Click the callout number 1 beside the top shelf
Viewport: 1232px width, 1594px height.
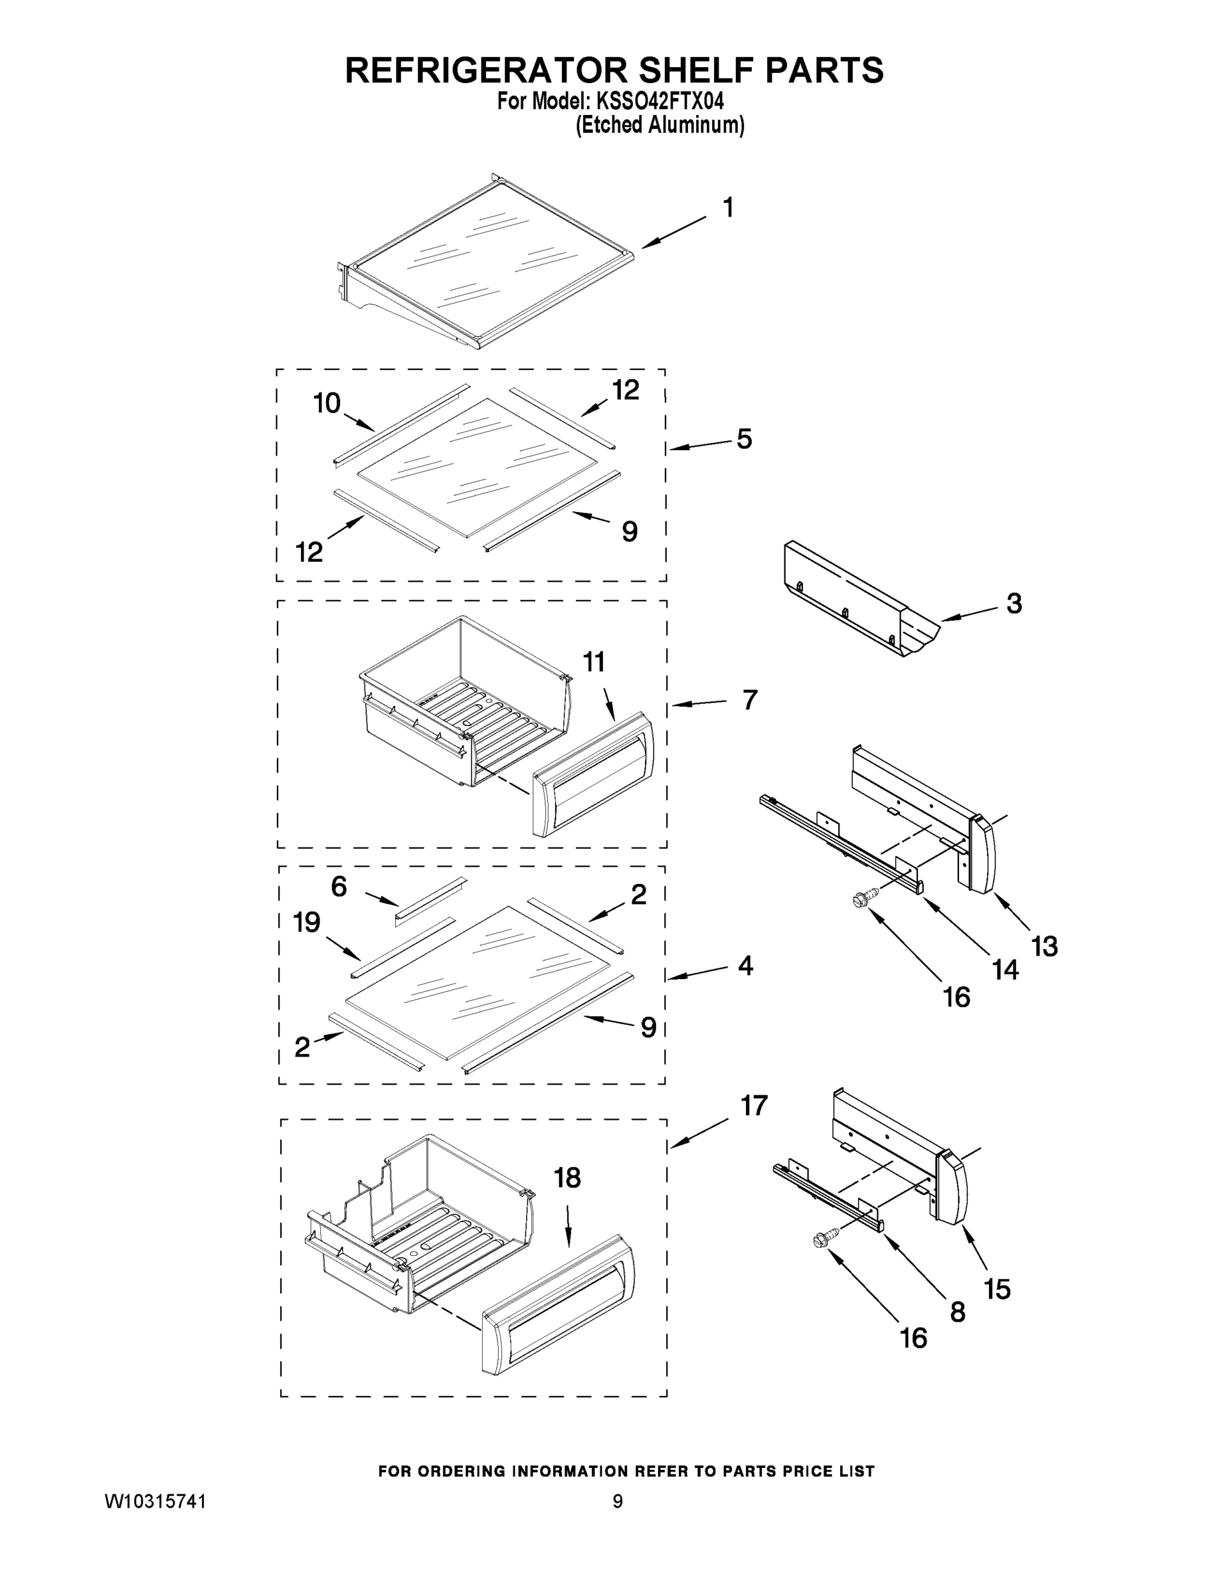728,208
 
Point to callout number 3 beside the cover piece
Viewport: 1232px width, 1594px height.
1013,604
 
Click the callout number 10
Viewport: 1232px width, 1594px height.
327,403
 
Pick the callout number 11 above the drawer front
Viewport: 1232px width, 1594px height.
594,662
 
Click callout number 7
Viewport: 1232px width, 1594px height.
750,700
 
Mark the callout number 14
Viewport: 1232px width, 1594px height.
1005,970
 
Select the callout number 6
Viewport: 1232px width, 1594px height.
339,887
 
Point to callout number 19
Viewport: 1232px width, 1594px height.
308,923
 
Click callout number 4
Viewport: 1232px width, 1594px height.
745,966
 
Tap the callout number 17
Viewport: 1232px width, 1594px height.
754,1106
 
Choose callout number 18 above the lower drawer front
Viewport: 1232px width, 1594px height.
567,1178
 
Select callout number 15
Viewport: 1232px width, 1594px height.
997,1290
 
